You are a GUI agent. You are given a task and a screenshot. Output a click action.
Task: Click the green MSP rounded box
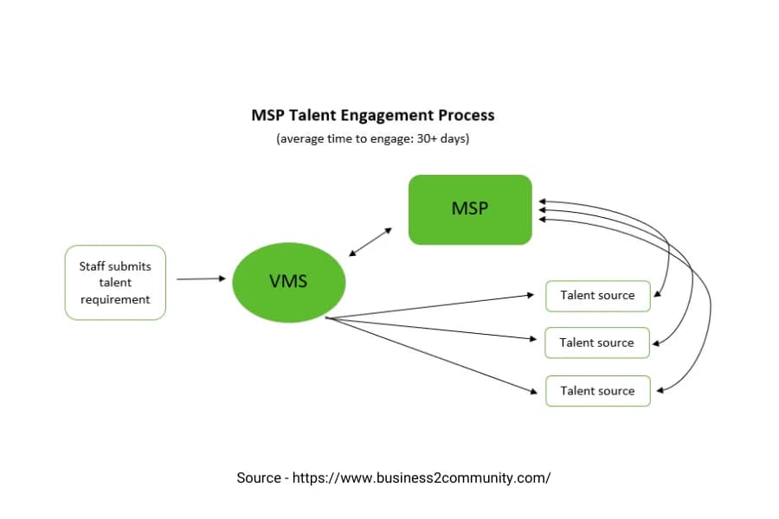470,209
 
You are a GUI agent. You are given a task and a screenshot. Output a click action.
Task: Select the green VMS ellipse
289,281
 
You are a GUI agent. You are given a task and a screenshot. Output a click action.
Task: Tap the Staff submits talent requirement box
115,283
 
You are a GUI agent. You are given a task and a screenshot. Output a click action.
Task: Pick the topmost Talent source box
597,296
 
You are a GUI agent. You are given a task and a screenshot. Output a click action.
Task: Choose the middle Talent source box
596,343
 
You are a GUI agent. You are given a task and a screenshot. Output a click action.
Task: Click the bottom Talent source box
597,391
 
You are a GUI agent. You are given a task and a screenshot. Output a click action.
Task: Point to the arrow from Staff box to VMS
201,279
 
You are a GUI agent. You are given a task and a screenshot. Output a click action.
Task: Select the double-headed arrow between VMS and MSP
370,241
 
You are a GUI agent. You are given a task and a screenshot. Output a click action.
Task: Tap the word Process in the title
467,115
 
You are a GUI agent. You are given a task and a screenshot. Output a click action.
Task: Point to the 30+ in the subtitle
429,138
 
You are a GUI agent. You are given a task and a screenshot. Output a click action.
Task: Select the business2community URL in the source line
422,477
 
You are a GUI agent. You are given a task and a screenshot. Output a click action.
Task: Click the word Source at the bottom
258,477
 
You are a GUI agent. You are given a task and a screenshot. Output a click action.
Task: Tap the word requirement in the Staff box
115,299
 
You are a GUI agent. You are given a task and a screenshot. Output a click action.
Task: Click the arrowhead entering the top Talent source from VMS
531,295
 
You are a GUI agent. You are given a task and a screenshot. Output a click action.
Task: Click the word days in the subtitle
454,138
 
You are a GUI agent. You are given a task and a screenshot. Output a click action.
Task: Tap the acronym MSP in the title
267,115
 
